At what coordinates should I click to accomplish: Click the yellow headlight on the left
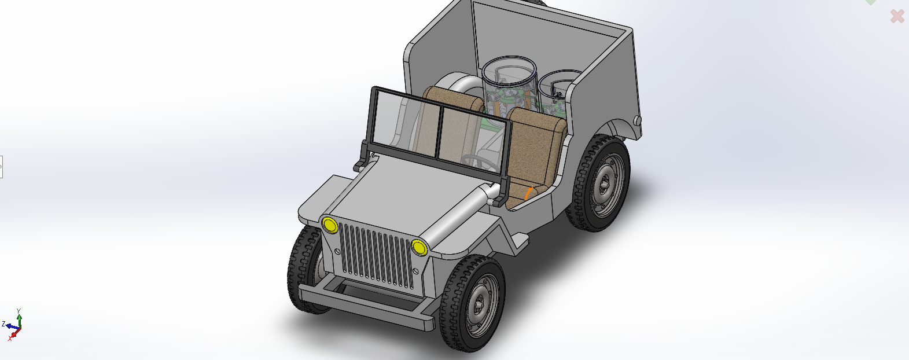click(330, 225)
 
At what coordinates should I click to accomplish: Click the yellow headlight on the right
click(419, 247)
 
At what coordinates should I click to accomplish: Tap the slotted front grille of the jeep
click(376, 255)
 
